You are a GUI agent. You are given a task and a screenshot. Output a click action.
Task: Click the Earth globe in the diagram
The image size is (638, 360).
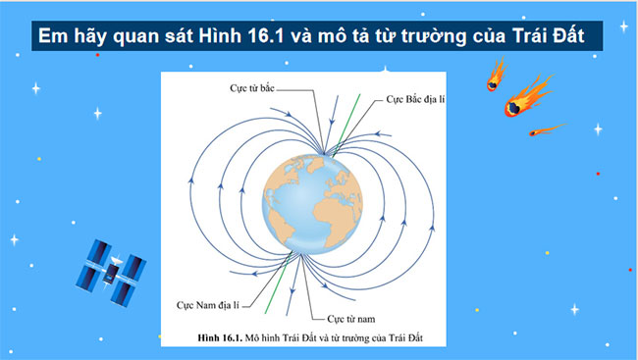(311, 201)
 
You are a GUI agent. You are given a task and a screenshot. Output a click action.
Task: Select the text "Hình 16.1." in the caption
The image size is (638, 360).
(219, 336)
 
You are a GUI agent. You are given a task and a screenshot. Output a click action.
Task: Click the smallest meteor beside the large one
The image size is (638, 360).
(544, 129)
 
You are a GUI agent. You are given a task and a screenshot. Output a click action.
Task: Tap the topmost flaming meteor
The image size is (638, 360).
(497, 77)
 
